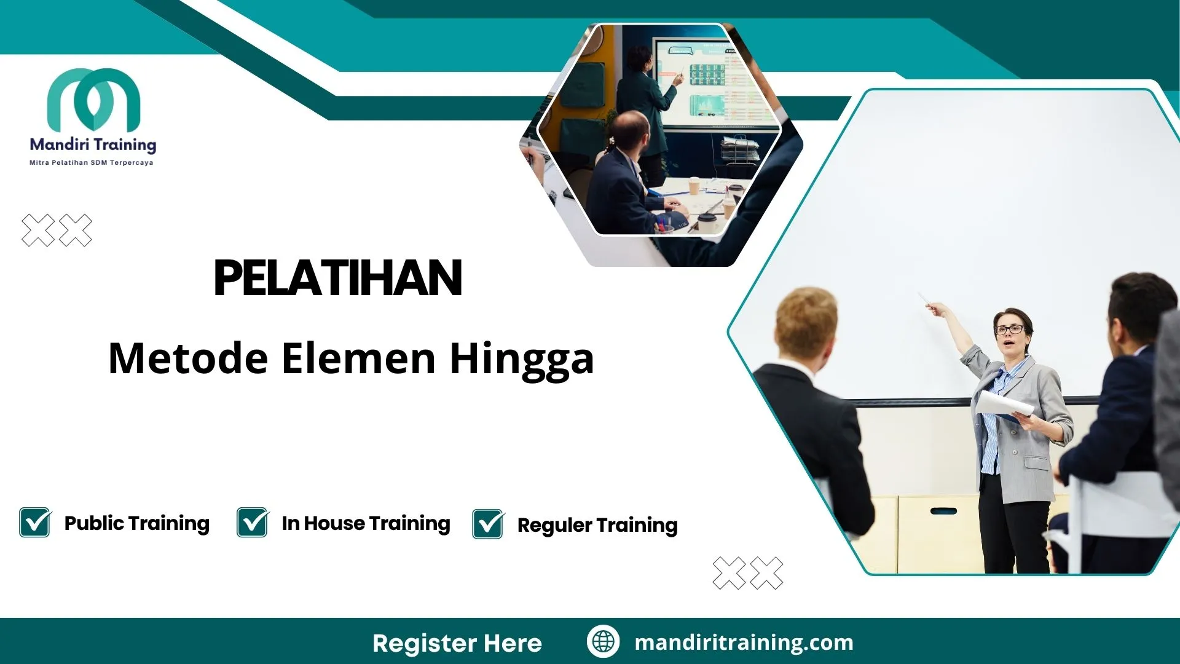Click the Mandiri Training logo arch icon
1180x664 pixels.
(93, 98)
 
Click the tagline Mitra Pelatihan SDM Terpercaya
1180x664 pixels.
(92, 163)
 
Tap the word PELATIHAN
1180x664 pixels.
(337, 278)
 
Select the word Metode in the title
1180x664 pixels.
(188, 358)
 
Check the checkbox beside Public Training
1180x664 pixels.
(35, 523)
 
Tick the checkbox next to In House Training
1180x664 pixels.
(253, 523)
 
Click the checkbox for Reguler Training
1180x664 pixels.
(488, 524)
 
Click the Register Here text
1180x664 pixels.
(457, 643)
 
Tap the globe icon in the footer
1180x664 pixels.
(603, 641)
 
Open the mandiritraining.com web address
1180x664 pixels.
(744, 642)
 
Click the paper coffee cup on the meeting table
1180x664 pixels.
(694, 185)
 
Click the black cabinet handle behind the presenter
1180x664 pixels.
(943, 511)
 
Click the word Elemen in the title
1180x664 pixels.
(359, 358)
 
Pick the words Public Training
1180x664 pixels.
(136, 523)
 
